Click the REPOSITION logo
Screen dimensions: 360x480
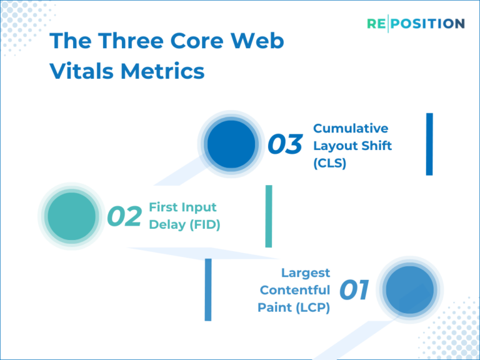tap(416, 24)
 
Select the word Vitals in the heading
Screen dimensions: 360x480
tap(81, 71)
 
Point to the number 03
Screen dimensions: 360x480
tap(285, 145)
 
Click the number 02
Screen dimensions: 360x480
tap(124, 216)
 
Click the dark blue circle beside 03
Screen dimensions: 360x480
tap(231, 144)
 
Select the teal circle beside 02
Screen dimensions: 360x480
tap(71, 216)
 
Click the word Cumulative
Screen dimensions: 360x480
tap(351, 128)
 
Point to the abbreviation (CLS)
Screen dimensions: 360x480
tap(329, 163)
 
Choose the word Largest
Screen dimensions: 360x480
tap(306, 272)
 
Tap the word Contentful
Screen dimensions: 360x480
tap(295, 290)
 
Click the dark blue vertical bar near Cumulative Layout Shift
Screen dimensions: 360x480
tap(429, 144)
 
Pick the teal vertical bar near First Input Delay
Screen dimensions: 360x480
tap(269, 216)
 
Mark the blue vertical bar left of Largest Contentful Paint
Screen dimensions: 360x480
tap(208, 289)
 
